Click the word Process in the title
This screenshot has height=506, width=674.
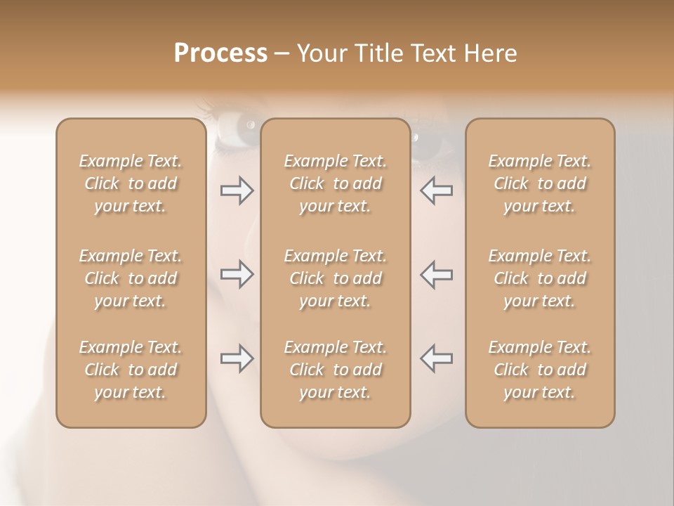(x=220, y=53)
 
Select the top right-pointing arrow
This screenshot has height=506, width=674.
(x=237, y=190)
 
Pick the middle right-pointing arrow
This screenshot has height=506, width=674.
(x=237, y=274)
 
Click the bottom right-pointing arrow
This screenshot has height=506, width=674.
(x=237, y=358)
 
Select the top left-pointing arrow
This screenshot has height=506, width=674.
(x=436, y=190)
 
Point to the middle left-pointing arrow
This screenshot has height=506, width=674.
(x=436, y=274)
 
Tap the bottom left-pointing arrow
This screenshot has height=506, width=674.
(x=436, y=358)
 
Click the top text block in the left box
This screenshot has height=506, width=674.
(x=131, y=183)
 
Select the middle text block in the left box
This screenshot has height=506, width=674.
(x=131, y=278)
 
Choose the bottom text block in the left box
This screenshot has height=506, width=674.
(x=131, y=370)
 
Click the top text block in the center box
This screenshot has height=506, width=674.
(x=336, y=183)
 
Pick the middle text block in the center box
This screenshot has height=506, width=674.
(x=336, y=278)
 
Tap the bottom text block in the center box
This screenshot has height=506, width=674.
(x=336, y=370)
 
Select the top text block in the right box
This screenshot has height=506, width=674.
(x=540, y=183)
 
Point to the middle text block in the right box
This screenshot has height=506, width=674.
(x=540, y=278)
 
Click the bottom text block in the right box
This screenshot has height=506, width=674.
(x=540, y=370)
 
